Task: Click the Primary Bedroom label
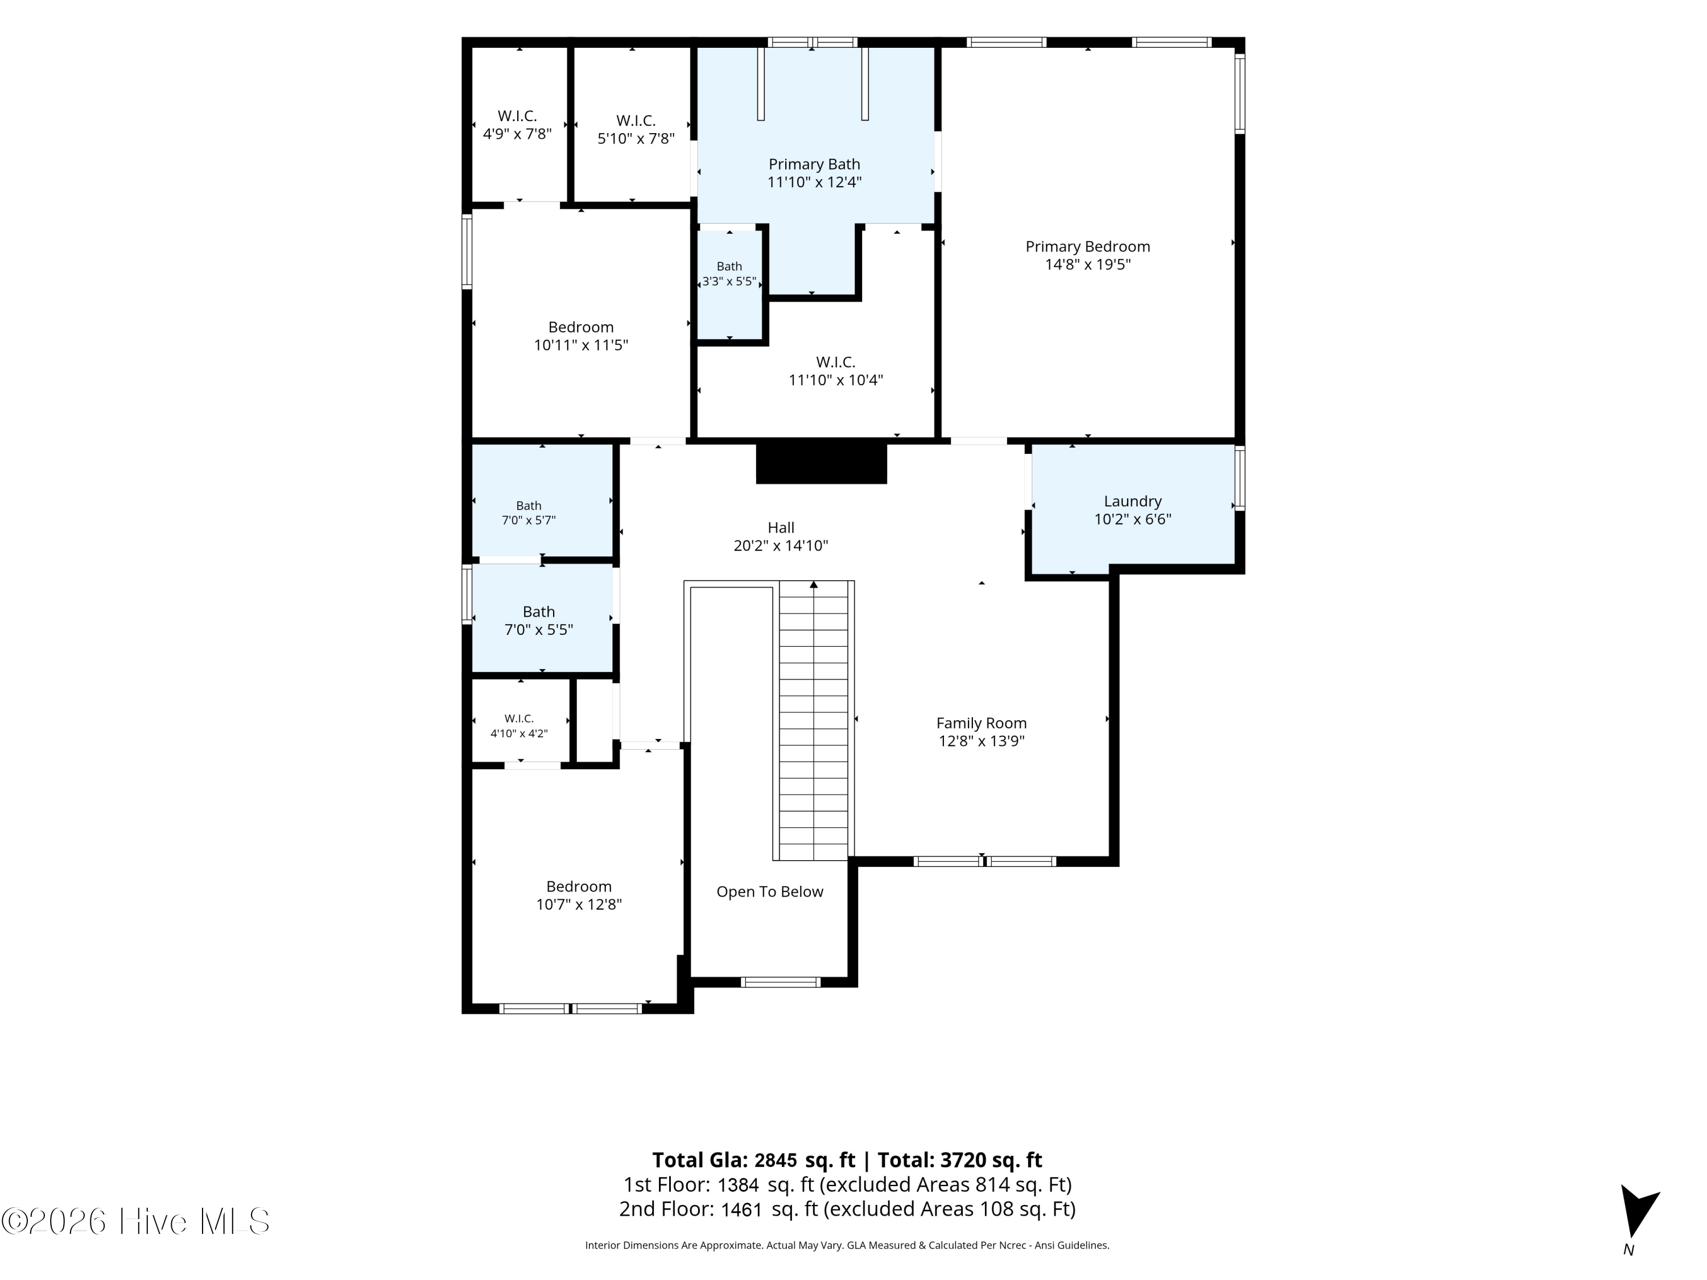click(x=1087, y=247)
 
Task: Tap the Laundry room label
click(x=1132, y=502)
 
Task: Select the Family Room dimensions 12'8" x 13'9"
click(x=981, y=741)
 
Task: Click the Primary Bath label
click(x=814, y=164)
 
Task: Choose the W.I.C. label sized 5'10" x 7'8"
click(x=636, y=121)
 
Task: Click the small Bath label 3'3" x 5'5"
click(x=729, y=267)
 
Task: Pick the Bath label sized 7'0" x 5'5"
click(x=539, y=612)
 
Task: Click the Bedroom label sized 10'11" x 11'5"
click(x=580, y=327)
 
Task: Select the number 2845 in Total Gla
click(x=776, y=1161)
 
